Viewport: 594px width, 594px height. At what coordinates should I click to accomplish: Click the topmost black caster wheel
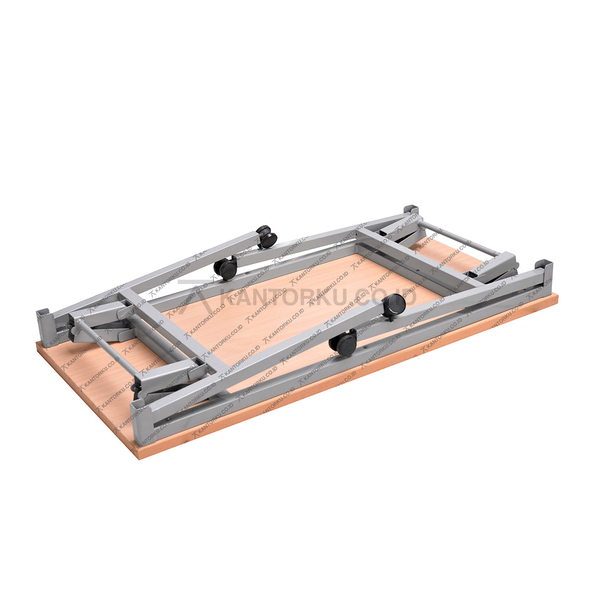pyautogui.click(x=267, y=236)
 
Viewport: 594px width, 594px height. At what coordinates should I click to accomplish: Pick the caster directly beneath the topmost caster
pyautogui.click(x=226, y=268)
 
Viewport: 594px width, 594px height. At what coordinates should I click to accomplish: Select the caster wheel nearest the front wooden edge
pyautogui.click(x=343, y=343)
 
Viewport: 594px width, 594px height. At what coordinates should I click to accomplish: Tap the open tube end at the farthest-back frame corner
pyautogui.click(x=410, y=209)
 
